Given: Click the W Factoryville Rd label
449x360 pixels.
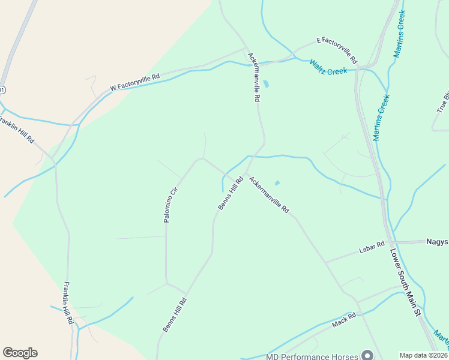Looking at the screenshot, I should click(135, 82).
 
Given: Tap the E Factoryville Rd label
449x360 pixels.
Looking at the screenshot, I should click(337, 50).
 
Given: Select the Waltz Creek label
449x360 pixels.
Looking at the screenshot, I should click(328, 67).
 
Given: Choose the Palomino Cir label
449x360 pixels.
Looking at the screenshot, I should click(171, 205).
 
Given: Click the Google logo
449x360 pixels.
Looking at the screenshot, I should click(20, 353).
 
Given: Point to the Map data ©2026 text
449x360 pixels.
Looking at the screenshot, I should click(424, 355).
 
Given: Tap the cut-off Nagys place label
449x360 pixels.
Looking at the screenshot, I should click(437, 241).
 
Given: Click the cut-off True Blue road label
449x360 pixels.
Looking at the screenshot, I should click(443, 102).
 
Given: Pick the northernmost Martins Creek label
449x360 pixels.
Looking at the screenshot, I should click(400, 34).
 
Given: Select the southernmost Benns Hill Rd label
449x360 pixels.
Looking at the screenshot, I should click(175, 314).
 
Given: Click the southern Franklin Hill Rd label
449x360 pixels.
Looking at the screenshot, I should click(68, 303).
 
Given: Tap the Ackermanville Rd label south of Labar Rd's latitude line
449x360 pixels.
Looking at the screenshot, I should click(269, 194).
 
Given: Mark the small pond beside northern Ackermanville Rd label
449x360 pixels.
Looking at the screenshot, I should click(266, 84).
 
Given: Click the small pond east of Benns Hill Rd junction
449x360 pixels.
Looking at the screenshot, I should click(277, 183).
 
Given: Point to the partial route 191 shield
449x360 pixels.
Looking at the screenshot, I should click(2, 90).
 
